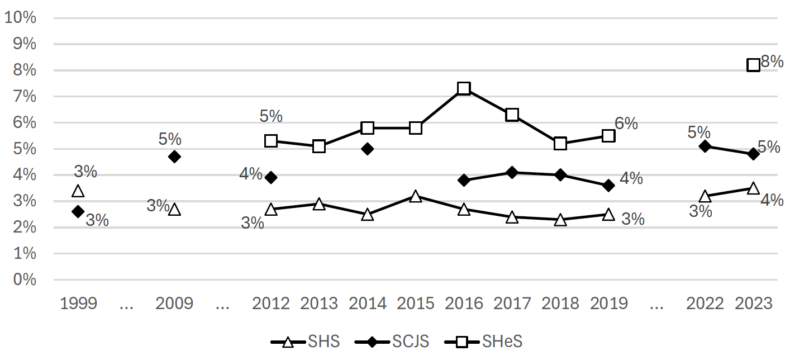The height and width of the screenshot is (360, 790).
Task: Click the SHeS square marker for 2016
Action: tap(464, 88)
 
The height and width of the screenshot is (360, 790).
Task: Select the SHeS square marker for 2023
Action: tap(753, 65)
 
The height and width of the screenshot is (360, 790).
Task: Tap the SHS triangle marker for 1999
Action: tap(78, 191)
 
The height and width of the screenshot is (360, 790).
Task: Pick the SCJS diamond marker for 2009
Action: tap(174, 157)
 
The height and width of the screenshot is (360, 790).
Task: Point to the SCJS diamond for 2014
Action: tap(367, 149)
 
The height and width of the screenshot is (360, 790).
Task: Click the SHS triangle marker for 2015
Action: tap(415, 196)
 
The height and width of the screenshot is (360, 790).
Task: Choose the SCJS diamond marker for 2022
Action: tap(705, 146)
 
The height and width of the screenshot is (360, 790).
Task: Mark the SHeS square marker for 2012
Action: tap(271, 141)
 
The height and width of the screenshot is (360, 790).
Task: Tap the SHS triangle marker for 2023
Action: tap(753, 188)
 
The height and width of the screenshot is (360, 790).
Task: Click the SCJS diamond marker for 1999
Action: tap(78, 211)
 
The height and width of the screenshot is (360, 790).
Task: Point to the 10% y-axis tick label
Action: tap(20, 18)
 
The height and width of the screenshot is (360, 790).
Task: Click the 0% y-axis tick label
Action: tap(24, 280)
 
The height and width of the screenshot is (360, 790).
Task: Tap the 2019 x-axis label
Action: tap(608, 304)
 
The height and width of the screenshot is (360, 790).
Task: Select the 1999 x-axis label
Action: tap(78, 304)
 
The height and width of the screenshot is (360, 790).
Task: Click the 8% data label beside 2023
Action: tap(772, 62)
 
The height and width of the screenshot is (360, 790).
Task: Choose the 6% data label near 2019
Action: tap(626, 124)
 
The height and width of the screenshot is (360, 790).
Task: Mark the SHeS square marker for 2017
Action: tap(512, 115)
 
